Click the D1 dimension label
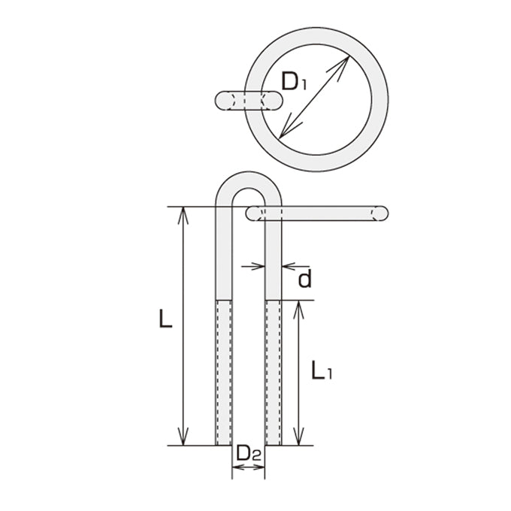tap(294, 81)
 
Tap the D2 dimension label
tap(249, 453)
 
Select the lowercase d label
tap(305, 279)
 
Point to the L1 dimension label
tap(322, 370)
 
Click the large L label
tap(165, 318)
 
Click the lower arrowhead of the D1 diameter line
tap(288, 129)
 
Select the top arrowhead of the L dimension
tap(183, 215)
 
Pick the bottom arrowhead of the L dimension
tap(183, 437)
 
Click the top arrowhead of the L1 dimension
tap(298, 310)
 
